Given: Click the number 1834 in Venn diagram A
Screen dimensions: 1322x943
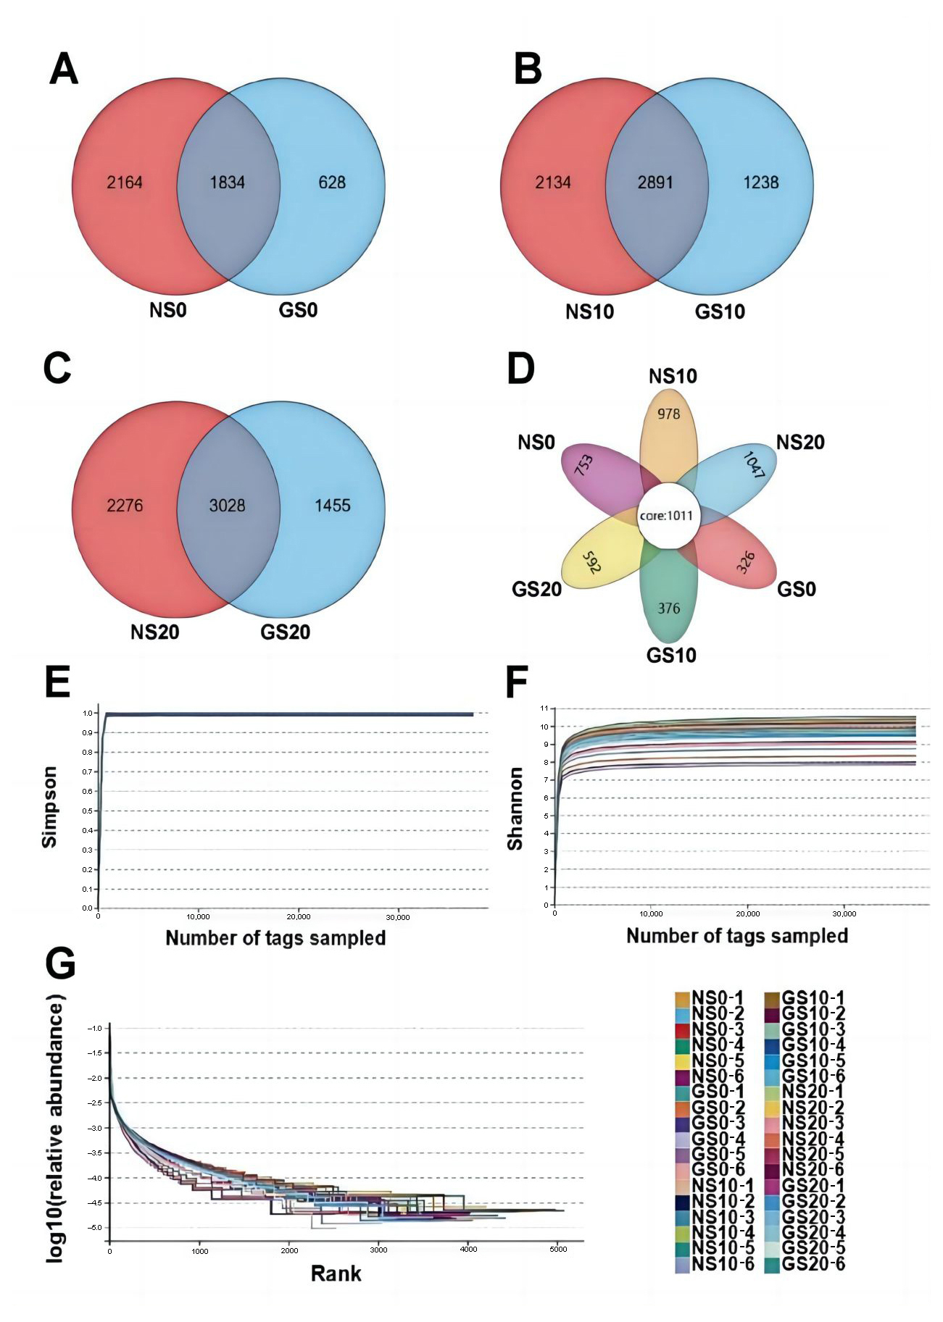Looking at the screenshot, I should (226, 182).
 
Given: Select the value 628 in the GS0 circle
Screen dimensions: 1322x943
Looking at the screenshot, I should (332, 182).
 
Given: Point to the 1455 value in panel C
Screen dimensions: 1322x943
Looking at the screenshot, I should (332, 505).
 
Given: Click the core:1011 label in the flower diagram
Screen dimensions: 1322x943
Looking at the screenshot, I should (666, 516).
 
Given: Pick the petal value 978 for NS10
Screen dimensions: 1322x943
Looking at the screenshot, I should (669, 414).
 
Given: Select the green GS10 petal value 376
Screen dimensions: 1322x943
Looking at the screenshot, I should (668, 608).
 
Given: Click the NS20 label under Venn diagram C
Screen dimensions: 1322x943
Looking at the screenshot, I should (154, 632).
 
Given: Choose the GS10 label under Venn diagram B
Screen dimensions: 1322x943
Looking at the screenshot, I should (720, 312).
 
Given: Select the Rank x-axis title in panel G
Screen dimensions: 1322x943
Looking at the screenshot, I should (336, 1294).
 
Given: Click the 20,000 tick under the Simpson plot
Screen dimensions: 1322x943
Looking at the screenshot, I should (299, 916).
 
